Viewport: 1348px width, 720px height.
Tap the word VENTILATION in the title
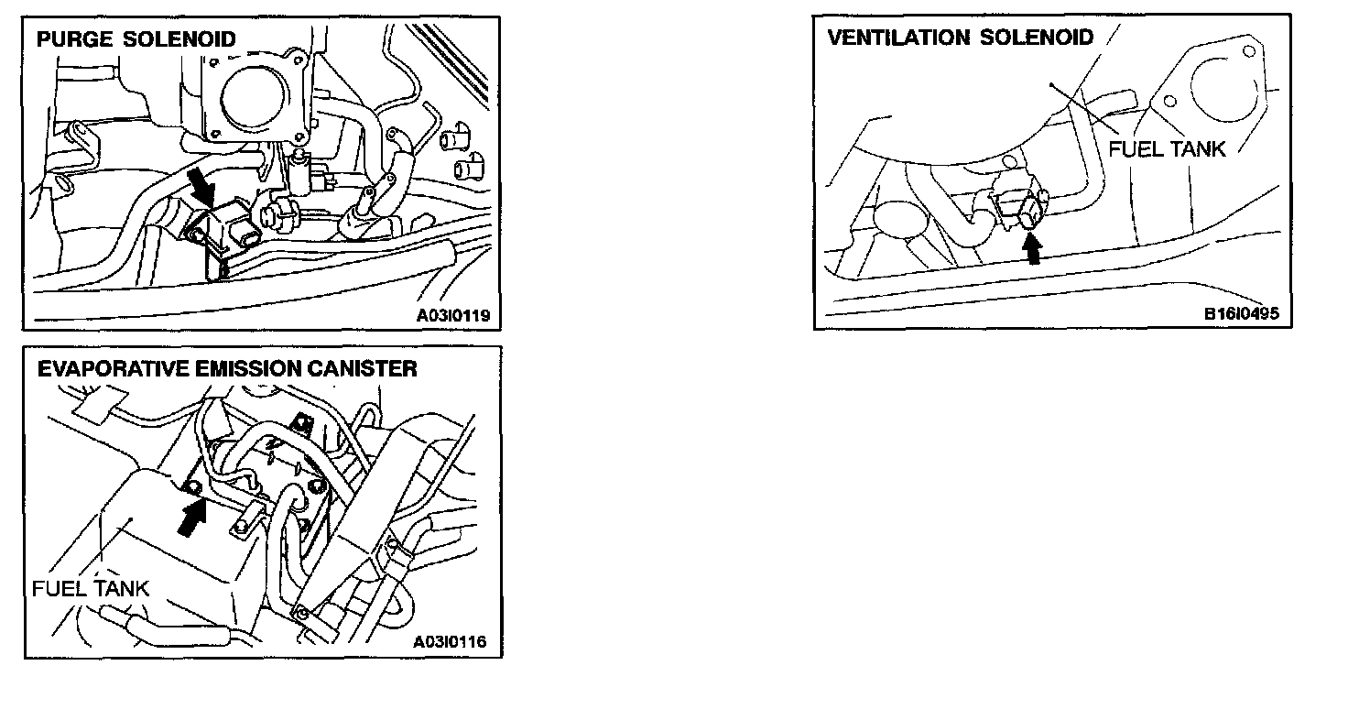(898, 38)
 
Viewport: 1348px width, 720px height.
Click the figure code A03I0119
(453, 316)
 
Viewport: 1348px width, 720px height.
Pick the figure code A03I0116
(450, 643)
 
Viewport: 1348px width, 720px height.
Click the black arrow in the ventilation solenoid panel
(1033, 247)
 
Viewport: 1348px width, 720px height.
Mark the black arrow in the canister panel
(190, 518)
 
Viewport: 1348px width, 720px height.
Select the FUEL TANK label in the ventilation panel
(1166, 148)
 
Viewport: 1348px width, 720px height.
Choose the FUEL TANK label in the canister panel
(90, 588)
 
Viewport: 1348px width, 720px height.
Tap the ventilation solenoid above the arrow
(1025, 208)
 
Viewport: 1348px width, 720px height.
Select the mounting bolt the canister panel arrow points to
(194, 486)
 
